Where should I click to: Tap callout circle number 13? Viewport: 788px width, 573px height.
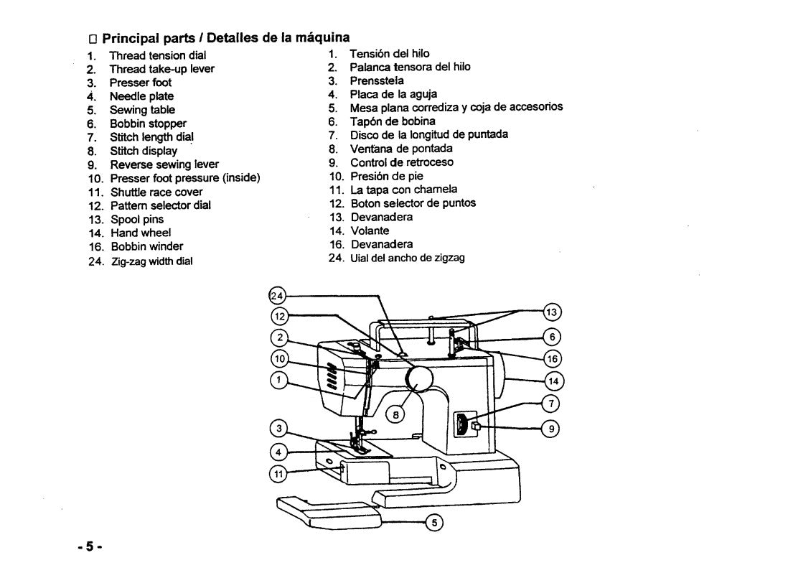[x=551, y=312]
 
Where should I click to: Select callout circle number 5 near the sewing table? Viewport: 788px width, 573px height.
[x=434, y=522]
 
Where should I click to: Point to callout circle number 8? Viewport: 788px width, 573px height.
[x=395, y=414]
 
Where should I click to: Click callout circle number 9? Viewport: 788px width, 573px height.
[x=551, y=429]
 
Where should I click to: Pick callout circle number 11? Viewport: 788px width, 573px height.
[x=278, y=472]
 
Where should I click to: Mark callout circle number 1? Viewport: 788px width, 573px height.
[x=279, y=380]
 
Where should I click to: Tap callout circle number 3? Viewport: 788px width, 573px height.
[x=278, y=430]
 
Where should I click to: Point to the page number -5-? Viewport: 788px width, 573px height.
[x=90, y=547]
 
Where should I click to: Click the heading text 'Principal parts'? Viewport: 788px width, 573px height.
[x=141, y=37]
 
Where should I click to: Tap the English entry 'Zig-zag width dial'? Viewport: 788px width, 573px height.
[x=151, y=261]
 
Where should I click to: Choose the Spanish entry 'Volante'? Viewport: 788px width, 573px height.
[x=370, y=230]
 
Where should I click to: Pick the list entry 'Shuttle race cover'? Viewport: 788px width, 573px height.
[x=156, y=192]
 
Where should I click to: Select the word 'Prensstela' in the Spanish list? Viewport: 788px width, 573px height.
[x=377, y=80]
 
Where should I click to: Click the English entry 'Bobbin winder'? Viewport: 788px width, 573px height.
[x=146, y=247]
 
